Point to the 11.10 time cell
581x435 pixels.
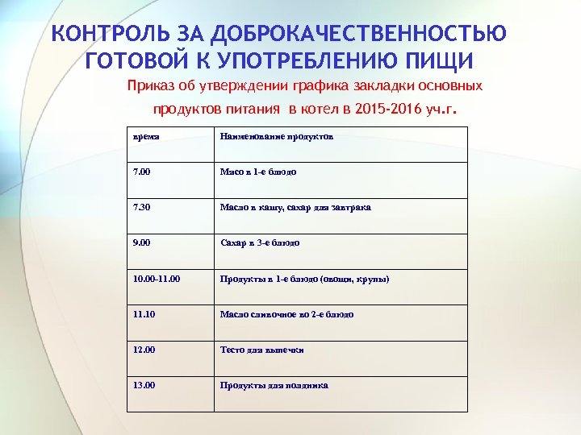pyautogui.click(x=144, y=314)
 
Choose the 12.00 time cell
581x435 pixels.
pyautogui.click(x=144, y=350)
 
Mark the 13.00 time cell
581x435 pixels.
pyautogui.click(x=144, y=385)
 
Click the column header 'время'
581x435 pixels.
pyautogui.click(x=146, y=136)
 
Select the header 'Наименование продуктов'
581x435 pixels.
pyautogui.click(x=277, y=136)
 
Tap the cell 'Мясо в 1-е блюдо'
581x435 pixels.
pyautogui.click(x=258, y=172)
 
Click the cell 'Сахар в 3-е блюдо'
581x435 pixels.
pyautogui.click(x=260, y=242)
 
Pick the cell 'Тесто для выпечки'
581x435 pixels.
pyautogui.click(x=261, y=350)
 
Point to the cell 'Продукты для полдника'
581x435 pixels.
pyautogui.click(x=274, y=385)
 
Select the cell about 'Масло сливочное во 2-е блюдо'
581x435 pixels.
pyautogui.click(x=286, y=314)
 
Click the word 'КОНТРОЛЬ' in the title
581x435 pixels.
pyautogui.click(x=107, y=34)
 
